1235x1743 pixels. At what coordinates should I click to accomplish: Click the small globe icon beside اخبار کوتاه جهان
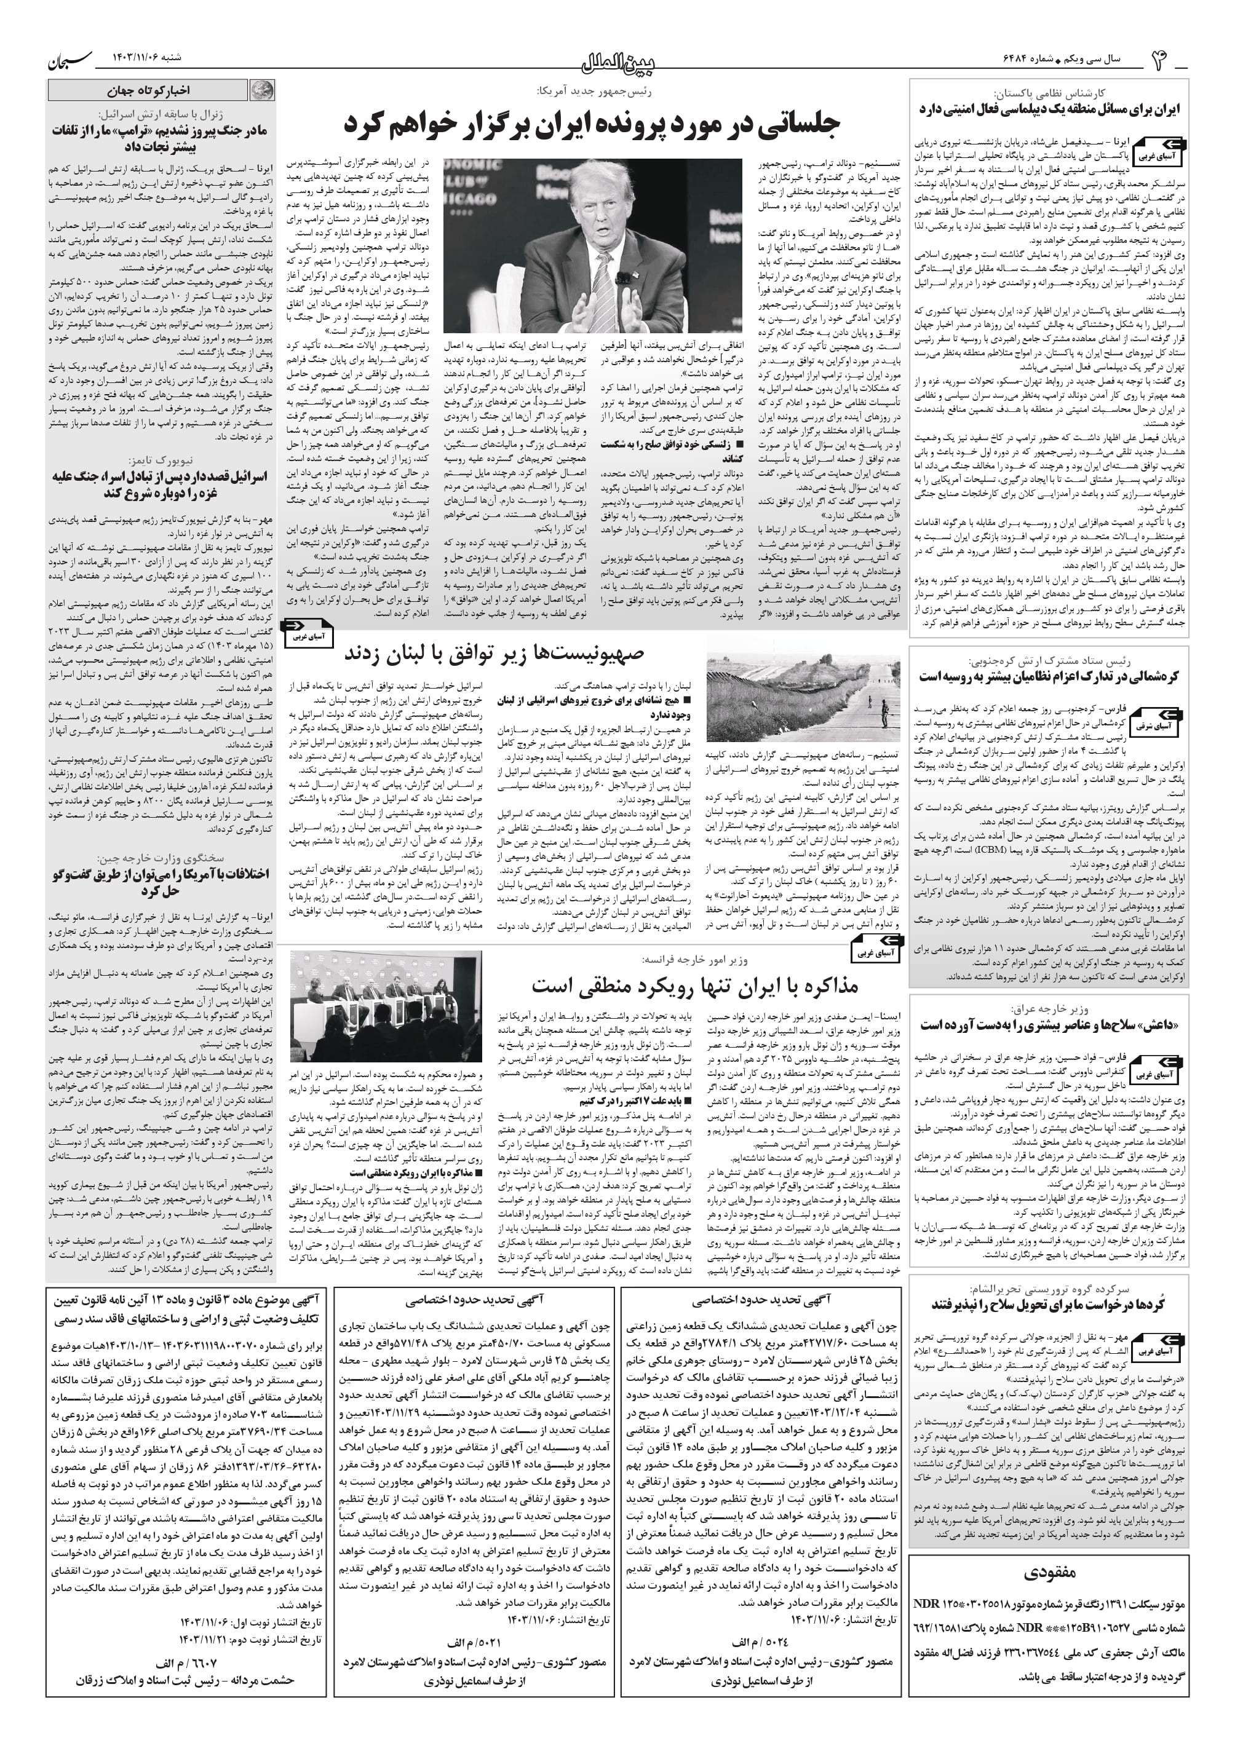point(263,91)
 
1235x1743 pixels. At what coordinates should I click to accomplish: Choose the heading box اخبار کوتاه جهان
point(149,91)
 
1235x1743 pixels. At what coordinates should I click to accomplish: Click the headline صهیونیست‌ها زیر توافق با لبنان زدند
point(494,653)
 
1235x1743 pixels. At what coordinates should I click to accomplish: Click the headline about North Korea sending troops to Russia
point(1049,676)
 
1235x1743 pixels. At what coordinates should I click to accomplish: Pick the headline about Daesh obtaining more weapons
point(1049,1025)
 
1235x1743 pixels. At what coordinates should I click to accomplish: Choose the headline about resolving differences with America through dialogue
point(160,882)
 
